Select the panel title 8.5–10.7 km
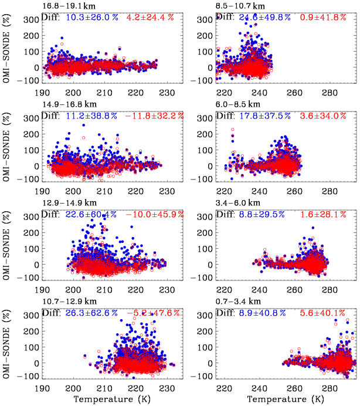tap(242, 5)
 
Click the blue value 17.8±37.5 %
tap(264, 116)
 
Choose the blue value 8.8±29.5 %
tap(264, 215)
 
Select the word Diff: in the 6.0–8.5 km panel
tap(227, 116)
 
